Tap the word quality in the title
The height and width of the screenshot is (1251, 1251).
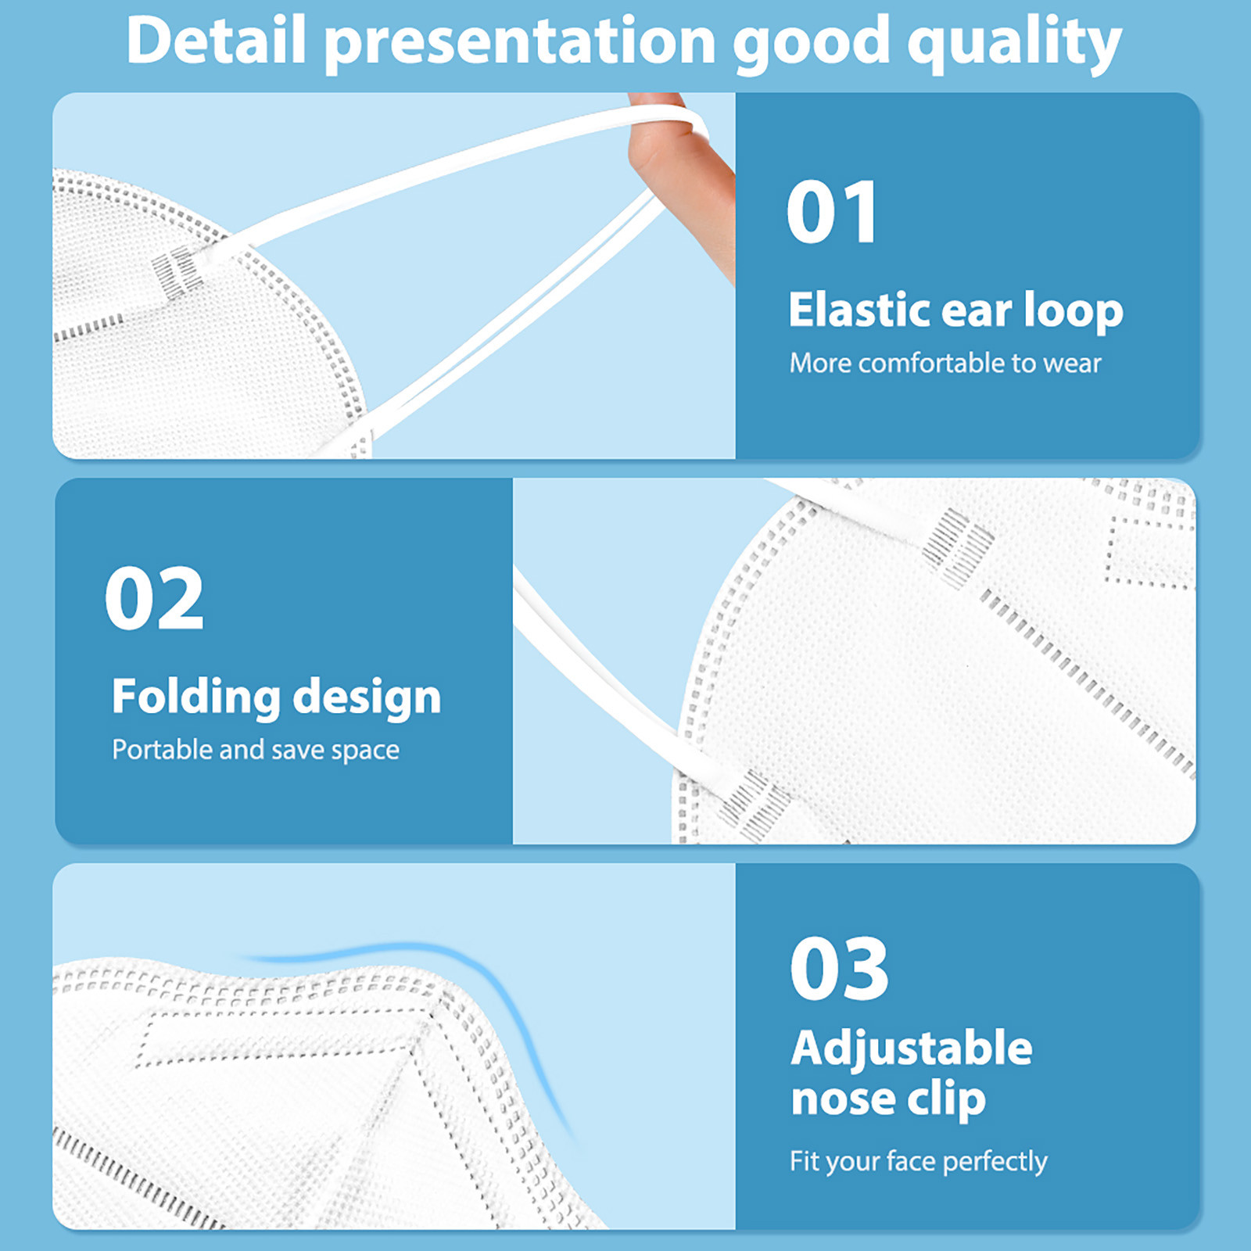(x=1014, y=44)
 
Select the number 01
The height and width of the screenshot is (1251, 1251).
(x=831, y=211)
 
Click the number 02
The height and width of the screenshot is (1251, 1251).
(x=154, y=598)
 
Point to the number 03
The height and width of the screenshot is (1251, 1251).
(x=839, y=969)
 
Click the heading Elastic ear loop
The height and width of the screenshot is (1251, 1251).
(x=955, y=310)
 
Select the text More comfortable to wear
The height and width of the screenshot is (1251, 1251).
(x=945, y=363)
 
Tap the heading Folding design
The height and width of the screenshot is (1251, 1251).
(x=276, y=697)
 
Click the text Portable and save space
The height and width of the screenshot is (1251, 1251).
(x=256, y=750)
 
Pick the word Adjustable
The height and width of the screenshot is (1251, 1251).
(x=912, y=1049)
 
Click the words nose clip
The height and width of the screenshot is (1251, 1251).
(x=888, y=1099)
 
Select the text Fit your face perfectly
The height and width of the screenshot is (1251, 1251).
(x=919, y=1162)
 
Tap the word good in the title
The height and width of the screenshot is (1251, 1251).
(x=811, y=44)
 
